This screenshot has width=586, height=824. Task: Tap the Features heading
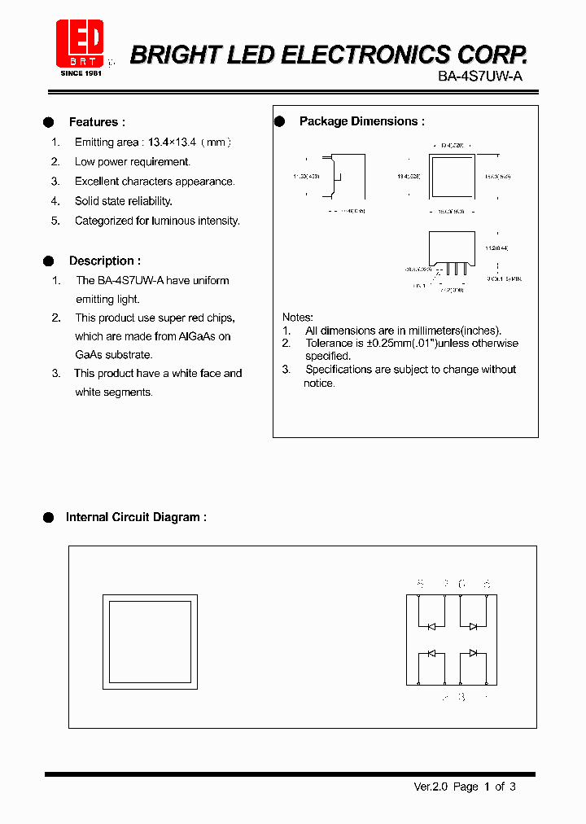click(97, 122)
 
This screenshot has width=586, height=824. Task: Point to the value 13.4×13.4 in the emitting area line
click(169, 142)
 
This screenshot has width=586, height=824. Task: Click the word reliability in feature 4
click(150, 201)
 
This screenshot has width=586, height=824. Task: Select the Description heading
click(104, 261)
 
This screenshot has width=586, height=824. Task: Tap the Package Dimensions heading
click(362, 121)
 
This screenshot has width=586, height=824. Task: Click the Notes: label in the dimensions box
click(298, 317)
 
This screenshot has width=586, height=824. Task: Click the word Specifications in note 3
click(341, 370)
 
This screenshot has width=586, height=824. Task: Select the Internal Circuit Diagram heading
click(136, 517)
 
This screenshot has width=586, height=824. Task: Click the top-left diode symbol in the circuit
click(431, 625)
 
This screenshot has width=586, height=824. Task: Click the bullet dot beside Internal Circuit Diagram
click(48, 517)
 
